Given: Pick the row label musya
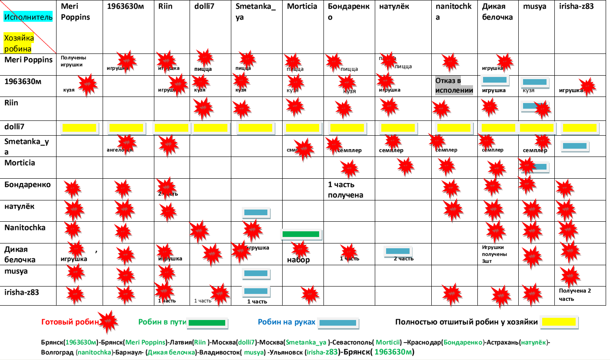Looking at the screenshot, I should coord(16,271).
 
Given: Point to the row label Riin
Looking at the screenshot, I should coord(12,103).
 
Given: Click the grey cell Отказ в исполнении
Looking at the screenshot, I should coord(454,86).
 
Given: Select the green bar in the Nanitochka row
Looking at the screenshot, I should coord(301,234).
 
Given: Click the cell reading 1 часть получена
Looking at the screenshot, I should coord(345,190).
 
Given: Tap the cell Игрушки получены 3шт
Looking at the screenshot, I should coord(495,254).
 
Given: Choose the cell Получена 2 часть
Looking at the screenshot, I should coord(575,294).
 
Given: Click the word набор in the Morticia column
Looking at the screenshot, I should coord(298,260).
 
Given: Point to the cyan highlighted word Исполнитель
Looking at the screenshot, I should coord(28,17).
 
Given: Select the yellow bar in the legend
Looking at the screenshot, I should coord(558,322).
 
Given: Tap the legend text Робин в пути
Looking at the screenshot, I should coord(162,322).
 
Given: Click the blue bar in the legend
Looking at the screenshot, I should coord(337,323).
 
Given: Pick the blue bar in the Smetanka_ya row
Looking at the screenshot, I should coord(575,147).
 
